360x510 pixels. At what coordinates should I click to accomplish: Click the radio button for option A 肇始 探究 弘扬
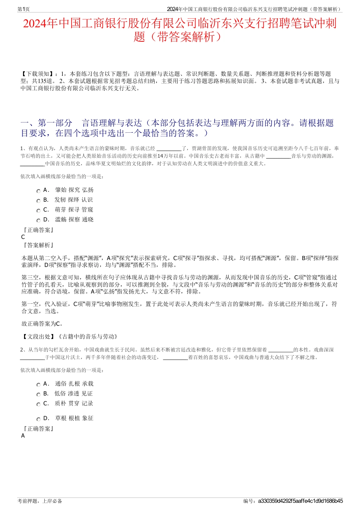[x=38, y=191]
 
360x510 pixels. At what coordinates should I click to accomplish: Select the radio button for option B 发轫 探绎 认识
[x=38, y=201]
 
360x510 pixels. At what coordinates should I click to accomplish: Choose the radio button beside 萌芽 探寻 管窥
[x=38, y=211]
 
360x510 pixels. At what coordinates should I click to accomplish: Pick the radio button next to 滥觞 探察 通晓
[x=38, y=221]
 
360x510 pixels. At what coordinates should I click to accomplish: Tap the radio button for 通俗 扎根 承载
[x=38, y=385]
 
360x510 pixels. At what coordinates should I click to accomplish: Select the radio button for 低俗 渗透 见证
[x=38, y=395]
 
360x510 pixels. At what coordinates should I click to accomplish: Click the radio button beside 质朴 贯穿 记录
[x=38, y=405]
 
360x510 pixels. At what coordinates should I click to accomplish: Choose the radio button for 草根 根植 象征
[x=38, y=419]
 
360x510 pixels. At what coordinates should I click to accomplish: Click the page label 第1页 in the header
[x=24, y=9]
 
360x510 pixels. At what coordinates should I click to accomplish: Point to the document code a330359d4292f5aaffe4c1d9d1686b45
[x=300, y=501]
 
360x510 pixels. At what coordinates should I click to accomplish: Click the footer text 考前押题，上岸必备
[x=40, y=501]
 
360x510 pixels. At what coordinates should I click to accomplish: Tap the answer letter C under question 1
[x=23, y=237]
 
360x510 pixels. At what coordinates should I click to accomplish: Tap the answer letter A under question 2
[x=23, y=436]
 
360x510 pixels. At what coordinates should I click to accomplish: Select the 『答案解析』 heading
[x=38, y=245]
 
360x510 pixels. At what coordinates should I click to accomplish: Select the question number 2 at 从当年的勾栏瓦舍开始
[x=22, y=350]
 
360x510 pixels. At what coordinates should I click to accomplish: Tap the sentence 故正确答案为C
[x=42, y=324]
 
